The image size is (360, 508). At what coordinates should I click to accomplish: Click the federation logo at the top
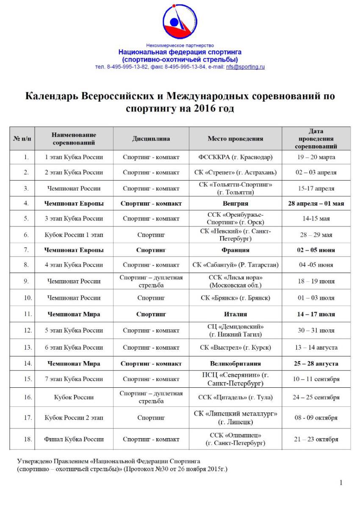[180, 22]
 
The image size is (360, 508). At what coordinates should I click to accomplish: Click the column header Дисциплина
[151, 138]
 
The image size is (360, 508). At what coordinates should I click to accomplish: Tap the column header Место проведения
[235, 138]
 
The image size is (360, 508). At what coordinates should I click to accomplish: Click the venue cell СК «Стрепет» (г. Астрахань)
[235, 173]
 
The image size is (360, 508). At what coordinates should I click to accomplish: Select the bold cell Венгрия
[235, 204]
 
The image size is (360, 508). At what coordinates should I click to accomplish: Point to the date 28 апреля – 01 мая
[316, 204]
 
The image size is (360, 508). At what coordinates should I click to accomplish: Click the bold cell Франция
[235, 250]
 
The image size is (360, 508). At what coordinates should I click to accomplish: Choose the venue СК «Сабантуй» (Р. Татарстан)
[235, 265]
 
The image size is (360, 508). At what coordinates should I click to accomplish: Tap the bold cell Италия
[235, 314]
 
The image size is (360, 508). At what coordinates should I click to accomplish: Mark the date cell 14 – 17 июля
[316, 314]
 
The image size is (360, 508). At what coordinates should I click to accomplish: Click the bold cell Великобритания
[235, 363]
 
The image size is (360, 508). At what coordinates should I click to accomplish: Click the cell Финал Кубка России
[74, 439]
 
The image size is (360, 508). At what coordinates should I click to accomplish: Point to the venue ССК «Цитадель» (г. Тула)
[235, 398]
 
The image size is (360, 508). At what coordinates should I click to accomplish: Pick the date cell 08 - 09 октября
[316, 418]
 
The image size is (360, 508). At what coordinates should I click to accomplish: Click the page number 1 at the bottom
[341, 483]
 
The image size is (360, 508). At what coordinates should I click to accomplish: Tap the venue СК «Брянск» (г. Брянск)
[235, 298]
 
